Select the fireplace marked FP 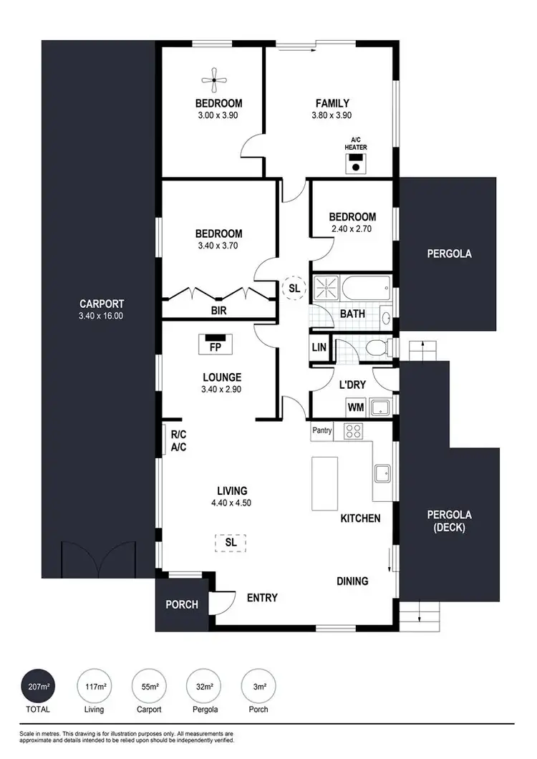(214, 344)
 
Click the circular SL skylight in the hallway (294, 288)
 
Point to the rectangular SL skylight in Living (231, 543)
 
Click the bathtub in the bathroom (365, 289)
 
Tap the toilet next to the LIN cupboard (375, 347)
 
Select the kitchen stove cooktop (353, 431)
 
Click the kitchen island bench (324, 483)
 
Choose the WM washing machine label (355, 407)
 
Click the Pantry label (322, 430)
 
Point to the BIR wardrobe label (218, 311)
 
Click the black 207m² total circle (39, 687)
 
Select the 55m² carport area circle (150, 687)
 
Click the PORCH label (182, 604)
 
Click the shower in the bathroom (326, 289)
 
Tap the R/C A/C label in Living (178, 441)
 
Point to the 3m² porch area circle (258, 687)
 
